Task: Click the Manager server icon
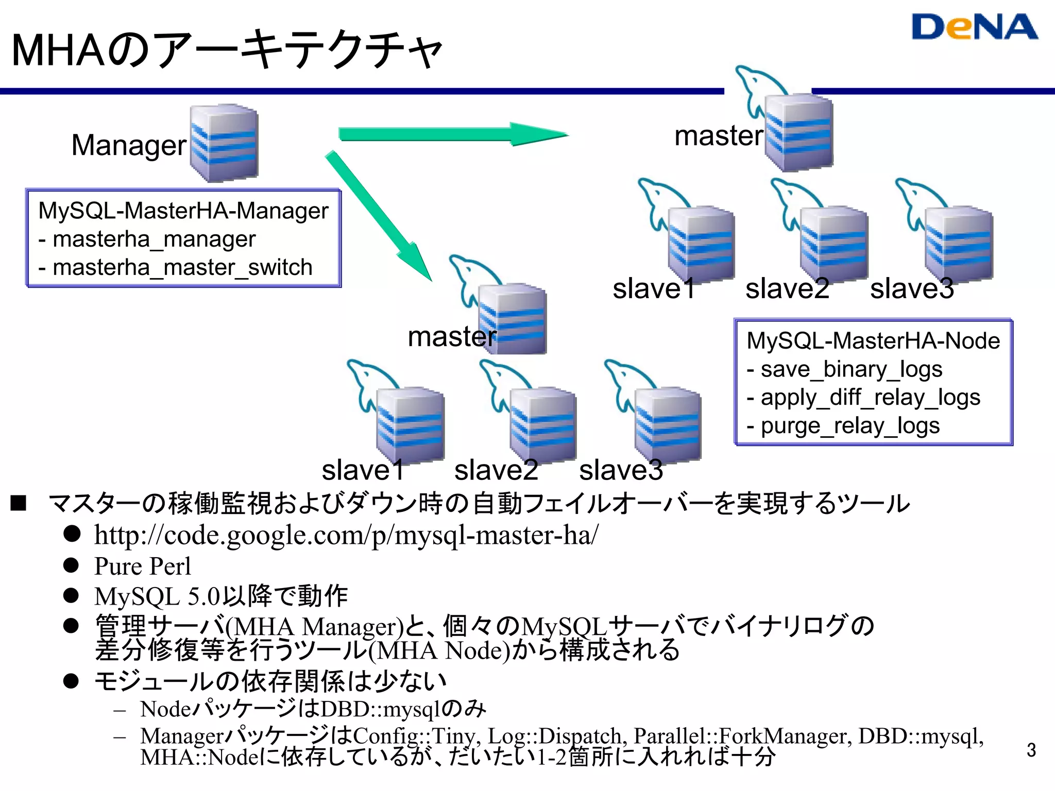coord(224,143)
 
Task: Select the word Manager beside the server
coord(129,145)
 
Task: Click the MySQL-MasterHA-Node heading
coord(873,341)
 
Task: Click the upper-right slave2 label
coord(787,288)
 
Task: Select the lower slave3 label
coord(621,470)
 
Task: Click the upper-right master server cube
coord(798,133)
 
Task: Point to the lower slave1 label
coord(363,470)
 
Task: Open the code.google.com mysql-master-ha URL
coord(346,535)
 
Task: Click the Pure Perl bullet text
coord(142,566)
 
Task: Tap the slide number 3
coord(1031,750)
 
